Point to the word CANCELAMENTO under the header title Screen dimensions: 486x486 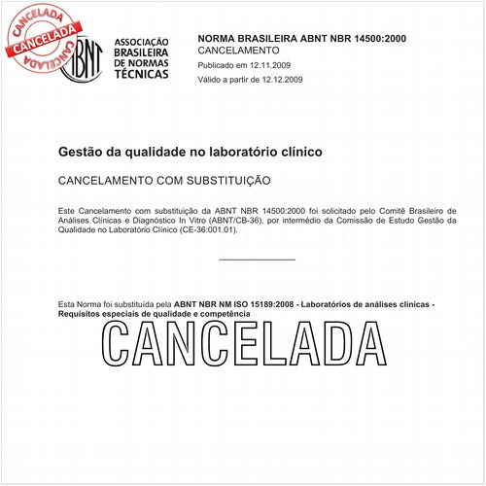point(238,50)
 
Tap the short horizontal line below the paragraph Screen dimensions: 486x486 point(257,260)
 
